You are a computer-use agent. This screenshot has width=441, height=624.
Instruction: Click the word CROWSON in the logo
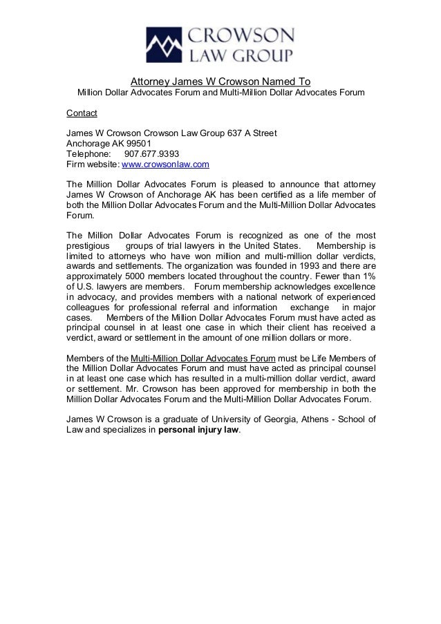(x=238, y=36)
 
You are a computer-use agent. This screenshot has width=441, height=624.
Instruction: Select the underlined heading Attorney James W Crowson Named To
(x=220, y=79)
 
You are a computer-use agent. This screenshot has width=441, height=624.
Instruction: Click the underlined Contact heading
(x=81, y=113)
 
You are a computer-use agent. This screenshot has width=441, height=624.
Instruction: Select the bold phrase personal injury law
(x=198, y=429)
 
